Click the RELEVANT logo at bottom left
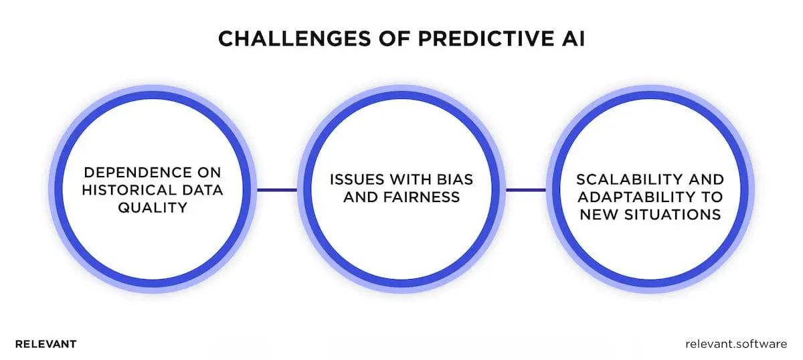[46, 344]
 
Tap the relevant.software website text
[736, 344]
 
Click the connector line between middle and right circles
[526, 190]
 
